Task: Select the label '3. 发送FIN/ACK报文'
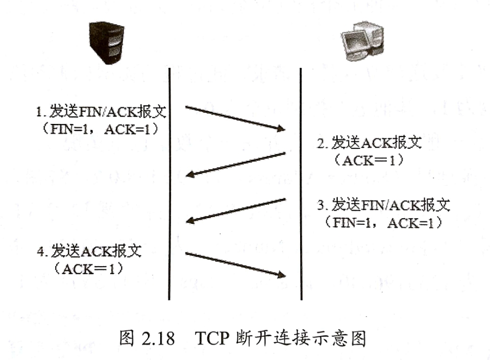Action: coord(383,205)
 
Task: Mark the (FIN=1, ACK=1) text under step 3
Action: coord(383,223)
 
